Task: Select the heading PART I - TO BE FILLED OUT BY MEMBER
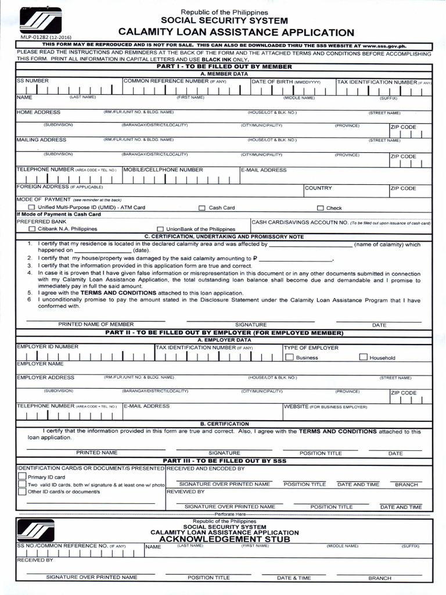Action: point(224,67)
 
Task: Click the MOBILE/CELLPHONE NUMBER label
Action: point(163,170)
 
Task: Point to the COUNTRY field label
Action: point(318,188)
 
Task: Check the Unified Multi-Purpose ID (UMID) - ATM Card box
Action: point(32,207)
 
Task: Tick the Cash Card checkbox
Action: point(202,208)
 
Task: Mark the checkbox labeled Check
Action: point(320,208)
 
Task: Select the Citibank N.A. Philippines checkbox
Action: point(32,229)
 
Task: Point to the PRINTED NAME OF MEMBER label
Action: point(96,324)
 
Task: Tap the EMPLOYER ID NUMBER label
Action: point(48,347)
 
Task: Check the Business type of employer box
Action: point(289,357)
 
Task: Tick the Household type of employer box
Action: point(364,357)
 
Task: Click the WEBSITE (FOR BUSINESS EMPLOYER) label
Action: point(326,407)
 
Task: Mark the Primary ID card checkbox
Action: point(22,476)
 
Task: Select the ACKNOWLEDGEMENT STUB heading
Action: point(225,539)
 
